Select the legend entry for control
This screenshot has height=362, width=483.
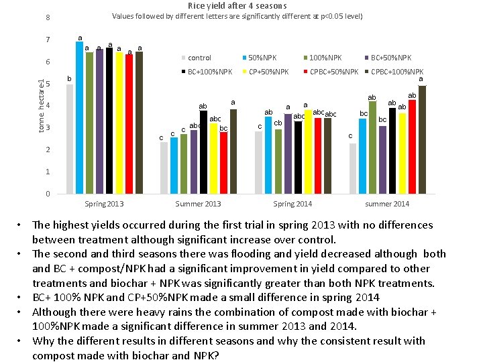point(199,58)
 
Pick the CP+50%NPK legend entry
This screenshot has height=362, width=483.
point(268,72)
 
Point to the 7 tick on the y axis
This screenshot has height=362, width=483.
point(48,40)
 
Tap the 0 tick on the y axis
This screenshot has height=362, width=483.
point(48,194)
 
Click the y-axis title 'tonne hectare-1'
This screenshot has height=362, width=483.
point(42,105)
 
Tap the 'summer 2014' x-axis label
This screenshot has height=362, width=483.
point(387,204)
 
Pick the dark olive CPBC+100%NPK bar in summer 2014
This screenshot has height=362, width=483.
point(422,140)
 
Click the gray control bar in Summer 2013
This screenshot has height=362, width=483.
point(164,168)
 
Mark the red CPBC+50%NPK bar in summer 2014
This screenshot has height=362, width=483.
point(412,147)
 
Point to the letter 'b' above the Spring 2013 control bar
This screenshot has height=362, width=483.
point(68,78)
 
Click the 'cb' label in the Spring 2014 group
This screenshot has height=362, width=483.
point(278,123)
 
